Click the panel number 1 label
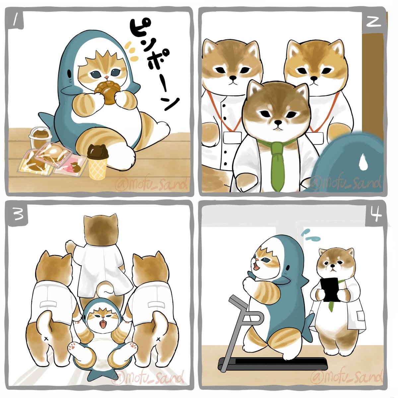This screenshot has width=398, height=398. pyautogui.click(x=16, y=20)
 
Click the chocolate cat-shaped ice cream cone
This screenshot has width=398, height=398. pyautogui.click(x=98, y=162)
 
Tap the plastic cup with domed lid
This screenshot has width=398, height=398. pyautogui.click(x=40, y=137)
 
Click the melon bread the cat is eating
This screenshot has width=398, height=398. pyautogui.click(x=107, y=92)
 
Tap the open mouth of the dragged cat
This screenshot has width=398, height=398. pyautogui.click(x=103, y=324)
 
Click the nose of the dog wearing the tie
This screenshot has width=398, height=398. pyautogui.click(x=278, y=123)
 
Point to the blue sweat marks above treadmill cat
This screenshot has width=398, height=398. pyautogui.click(x=310, y=235)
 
